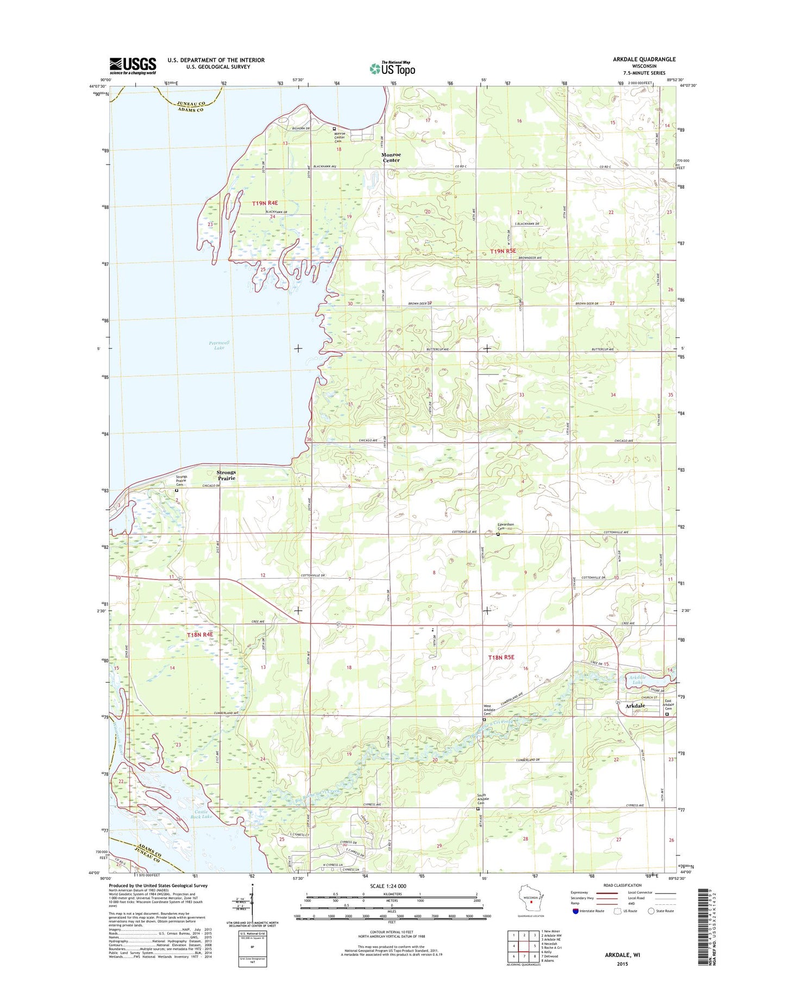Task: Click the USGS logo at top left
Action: [x=133, y=66]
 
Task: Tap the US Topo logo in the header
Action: [x=392, y=68]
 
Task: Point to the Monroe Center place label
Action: [x=391, y=157]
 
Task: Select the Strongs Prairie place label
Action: [x=226, y=476]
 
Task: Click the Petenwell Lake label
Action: [x=219, y=345]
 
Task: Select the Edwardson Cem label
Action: [x=505, y=526]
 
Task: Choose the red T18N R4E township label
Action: [x=200, y=635]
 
